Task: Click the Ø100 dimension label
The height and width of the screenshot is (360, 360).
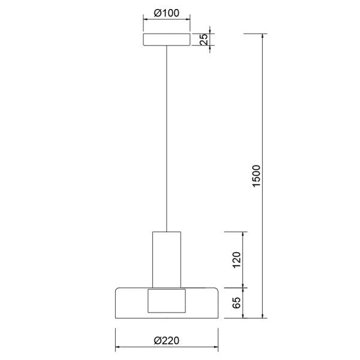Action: pos(166,13)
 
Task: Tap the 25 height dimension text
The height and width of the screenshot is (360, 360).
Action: pos(203,40)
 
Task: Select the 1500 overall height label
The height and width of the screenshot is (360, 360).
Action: pos(256,176)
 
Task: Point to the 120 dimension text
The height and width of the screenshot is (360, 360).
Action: pos(236,259)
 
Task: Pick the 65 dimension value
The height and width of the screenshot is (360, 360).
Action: pos(236,302)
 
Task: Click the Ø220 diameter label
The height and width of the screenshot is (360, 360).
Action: pos(166,340)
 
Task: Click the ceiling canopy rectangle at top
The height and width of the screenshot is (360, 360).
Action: pos(166,40)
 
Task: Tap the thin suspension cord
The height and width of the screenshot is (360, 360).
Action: pos(166,138)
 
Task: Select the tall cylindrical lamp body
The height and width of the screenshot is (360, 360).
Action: pos(166,258)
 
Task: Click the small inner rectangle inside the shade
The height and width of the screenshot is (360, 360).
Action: pos(166,301)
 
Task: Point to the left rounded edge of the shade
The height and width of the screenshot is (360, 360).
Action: pos(116,302)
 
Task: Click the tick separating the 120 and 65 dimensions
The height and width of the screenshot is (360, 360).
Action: pos(243,287)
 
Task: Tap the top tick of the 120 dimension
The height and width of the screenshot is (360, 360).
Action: pos(243,232)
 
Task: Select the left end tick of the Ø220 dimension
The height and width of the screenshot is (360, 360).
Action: pos(115,347)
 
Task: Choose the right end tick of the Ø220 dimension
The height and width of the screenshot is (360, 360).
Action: pos(218,347)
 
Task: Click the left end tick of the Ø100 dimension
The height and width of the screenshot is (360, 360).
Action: pos(143,20)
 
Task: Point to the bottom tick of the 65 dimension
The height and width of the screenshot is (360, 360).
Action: pos(243,317)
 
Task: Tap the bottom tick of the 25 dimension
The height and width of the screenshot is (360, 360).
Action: pos(210,47)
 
